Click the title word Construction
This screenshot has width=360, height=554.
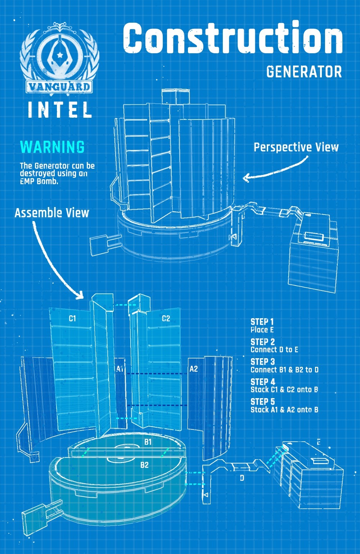click(233, 38)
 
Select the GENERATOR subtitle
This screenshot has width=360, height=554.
click(304, 72)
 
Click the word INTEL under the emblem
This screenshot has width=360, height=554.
click(60, 110)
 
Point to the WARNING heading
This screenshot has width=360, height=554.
click(53, 147)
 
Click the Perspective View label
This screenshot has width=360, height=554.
click(296, 147)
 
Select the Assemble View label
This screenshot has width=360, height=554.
click(52, 213)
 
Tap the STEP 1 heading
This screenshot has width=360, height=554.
click(262, 322)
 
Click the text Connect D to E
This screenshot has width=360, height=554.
click(274, 350)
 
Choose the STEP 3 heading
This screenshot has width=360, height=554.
click(262, 362)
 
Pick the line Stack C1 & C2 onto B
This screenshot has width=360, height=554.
click(284, 389)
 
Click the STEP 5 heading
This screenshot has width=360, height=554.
click(262, 402)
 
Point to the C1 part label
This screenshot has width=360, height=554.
click(72, 318)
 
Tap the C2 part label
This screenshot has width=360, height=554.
click(166, 318)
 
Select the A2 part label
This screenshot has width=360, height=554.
click(194, 369)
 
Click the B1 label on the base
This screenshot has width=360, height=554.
click(148, 442)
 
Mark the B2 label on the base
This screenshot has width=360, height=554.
click(144, 465)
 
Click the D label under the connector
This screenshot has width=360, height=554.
click(242, 478)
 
